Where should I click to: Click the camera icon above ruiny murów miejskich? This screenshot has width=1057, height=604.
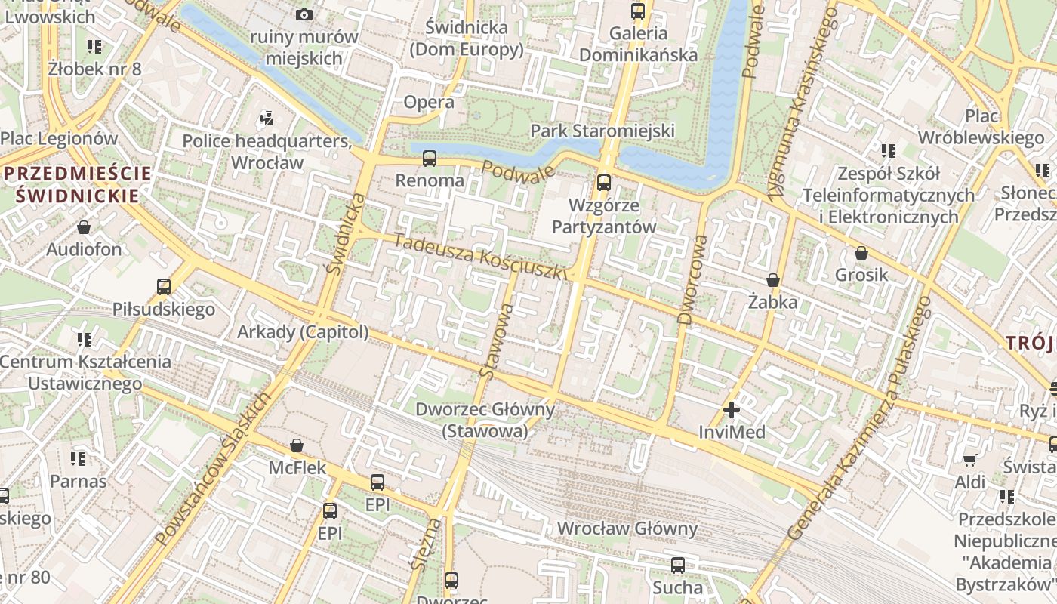point(304,14)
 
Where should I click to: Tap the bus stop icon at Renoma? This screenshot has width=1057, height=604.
point(430,158)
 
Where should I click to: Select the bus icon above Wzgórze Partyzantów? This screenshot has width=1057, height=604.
point(603,182)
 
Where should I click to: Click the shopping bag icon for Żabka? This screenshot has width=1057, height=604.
point(772,280)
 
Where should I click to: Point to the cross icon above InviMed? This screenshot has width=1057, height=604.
point(731,410)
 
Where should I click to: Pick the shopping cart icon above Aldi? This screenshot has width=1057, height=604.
point(969,460)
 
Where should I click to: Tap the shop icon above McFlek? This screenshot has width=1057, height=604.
point(297,445)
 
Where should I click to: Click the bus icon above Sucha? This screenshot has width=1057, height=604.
point(677,565)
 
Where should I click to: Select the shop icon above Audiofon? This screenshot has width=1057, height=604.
point(84,226)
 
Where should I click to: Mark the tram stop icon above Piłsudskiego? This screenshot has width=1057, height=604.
point(164,287)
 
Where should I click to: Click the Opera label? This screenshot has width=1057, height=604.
point(429,102)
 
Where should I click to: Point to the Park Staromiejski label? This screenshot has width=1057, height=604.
point(602,131)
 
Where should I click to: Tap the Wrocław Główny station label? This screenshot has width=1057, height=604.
point(627,528)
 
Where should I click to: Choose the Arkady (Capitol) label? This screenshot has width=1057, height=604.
point(303,332)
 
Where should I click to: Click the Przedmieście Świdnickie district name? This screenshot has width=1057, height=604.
point(77,185)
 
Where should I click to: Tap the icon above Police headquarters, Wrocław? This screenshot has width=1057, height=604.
point(266,118)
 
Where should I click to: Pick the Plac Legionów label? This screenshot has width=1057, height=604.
point(60,138)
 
